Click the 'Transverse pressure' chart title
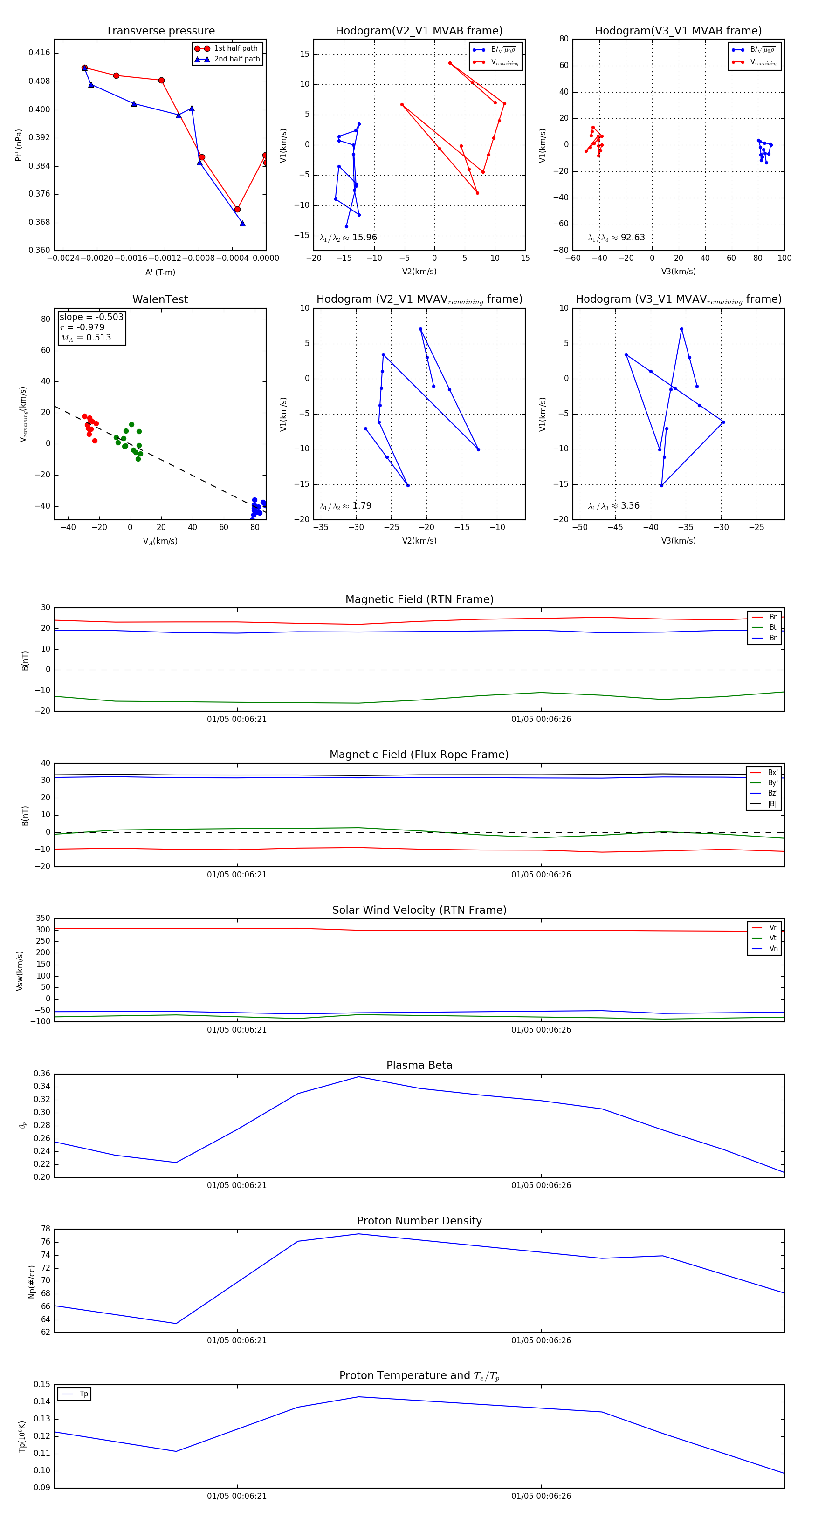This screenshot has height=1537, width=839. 160,31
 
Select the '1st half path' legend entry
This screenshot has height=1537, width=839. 235,48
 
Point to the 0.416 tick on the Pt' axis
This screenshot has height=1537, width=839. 40,53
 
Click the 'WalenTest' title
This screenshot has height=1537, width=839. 160,299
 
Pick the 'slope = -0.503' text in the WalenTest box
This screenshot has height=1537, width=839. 91,317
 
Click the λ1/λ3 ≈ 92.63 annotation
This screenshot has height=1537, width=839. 616,238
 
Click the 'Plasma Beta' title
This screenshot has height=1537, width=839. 419,1065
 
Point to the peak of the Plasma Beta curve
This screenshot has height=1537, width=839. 358,1077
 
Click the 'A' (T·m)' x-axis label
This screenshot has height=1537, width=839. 160,272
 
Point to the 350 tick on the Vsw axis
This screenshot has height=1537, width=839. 43,918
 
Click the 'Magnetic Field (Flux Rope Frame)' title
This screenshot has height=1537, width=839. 419,755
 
